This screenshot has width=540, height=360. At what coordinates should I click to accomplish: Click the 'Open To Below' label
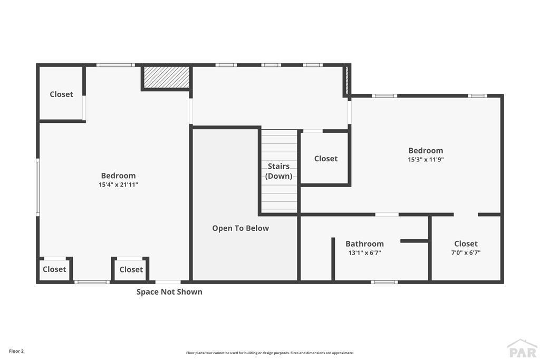(x=240, y=228)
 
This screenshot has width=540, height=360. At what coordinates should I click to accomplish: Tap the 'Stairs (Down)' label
(x=278, y=171)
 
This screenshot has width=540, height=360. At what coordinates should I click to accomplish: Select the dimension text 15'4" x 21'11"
(x=118, y=184)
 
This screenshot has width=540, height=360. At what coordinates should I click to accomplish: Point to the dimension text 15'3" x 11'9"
(x=426, y=159)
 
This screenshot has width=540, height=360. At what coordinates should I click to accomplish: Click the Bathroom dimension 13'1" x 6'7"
(x=364, y=252)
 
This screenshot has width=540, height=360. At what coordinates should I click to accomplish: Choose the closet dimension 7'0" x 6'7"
(x=466, y=252)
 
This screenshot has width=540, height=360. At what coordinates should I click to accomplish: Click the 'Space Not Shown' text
(x=169, y=291)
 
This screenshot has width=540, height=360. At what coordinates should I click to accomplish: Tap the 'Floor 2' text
(x=16, y=351)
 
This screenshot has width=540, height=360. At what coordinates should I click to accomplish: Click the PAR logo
(x=522, y=349)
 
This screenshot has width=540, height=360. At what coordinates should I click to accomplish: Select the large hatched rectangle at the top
(x=166, y=77)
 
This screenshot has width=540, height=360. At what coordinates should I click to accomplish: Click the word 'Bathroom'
(x=364, y=244)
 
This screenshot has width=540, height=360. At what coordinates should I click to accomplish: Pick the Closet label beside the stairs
(x=326, y=158)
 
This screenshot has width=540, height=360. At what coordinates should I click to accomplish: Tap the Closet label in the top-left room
(x=61, y=94)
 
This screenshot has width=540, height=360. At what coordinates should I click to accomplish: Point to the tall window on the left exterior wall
(x=38, y=187)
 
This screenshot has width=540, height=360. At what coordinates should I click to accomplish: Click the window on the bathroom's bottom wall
(x=384, y=282)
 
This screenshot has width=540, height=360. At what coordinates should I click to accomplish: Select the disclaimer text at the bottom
(x=269, y=353)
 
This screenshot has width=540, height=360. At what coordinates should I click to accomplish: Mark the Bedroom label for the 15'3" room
(x=426, y=150)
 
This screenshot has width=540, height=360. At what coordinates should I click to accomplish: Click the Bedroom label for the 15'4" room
(x=118, y=176)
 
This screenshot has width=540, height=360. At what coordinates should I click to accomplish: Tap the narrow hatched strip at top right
(x=347, y=79)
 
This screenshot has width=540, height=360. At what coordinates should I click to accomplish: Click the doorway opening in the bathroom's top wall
(x=387, y=215)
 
